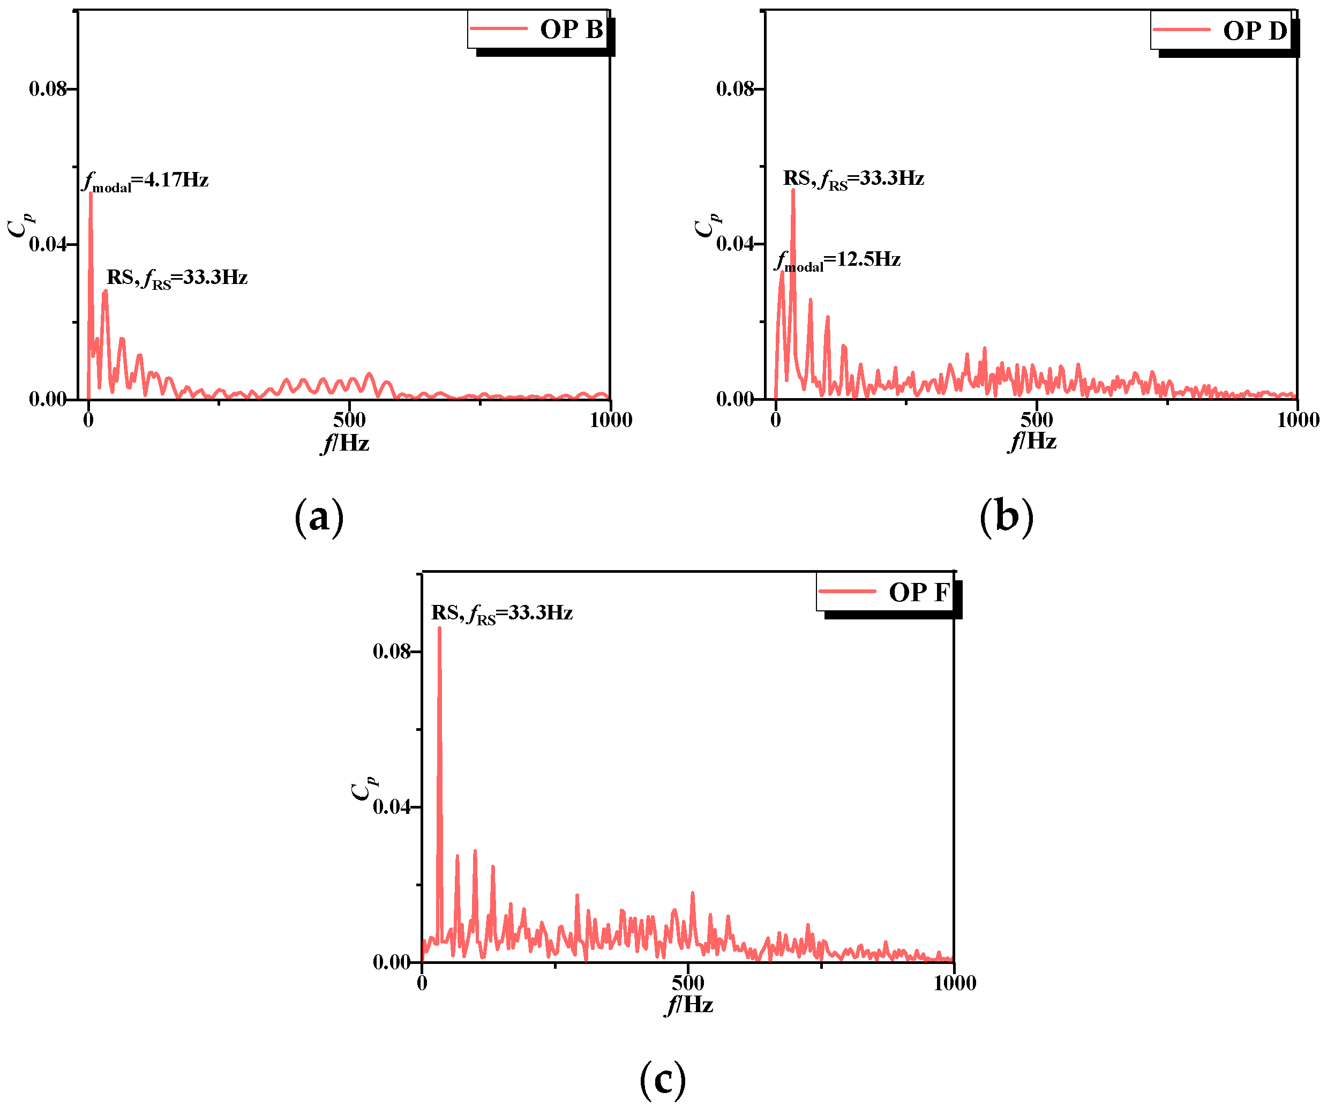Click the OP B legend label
(x=571, y=29)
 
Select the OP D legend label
(x=1254, y=31)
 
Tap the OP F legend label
(x=919, y=593)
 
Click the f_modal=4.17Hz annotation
(x=146, y=181)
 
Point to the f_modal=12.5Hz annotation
(x=837, y=260)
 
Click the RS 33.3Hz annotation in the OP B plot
(x=177, y=278)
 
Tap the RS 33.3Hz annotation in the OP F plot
(x=502, y=613)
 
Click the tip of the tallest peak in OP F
(x=439, y=628)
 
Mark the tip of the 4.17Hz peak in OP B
(x=91, y=193)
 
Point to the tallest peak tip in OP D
(x=793, y=190)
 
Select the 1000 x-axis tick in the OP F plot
(x=955, y=983)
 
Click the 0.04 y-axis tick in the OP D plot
(x=735, y=244)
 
